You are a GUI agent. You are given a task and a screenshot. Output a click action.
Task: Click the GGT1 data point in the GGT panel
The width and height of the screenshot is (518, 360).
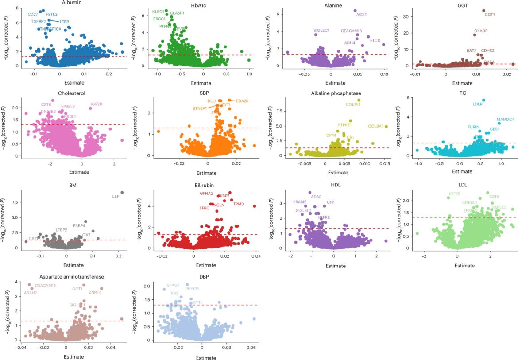[483, 11]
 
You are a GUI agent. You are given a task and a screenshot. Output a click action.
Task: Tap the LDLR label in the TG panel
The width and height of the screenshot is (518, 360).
[478, 105]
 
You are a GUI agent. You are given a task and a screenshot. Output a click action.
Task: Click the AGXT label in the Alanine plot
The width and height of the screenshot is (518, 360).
[362, 15]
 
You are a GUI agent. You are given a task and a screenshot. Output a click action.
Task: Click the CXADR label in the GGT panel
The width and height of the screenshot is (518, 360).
[481, 31]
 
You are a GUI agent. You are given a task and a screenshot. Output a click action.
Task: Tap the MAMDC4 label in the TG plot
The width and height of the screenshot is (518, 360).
[505, 119]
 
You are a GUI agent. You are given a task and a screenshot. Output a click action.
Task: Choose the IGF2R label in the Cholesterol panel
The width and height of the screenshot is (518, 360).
[97, 105]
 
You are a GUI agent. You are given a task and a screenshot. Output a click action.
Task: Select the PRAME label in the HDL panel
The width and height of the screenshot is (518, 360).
[300, 202]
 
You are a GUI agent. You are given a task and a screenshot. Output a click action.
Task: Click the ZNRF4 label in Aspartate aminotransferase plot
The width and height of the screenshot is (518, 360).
[95, 292]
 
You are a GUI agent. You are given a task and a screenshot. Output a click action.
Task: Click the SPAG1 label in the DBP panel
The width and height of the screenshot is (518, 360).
[173, 286]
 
